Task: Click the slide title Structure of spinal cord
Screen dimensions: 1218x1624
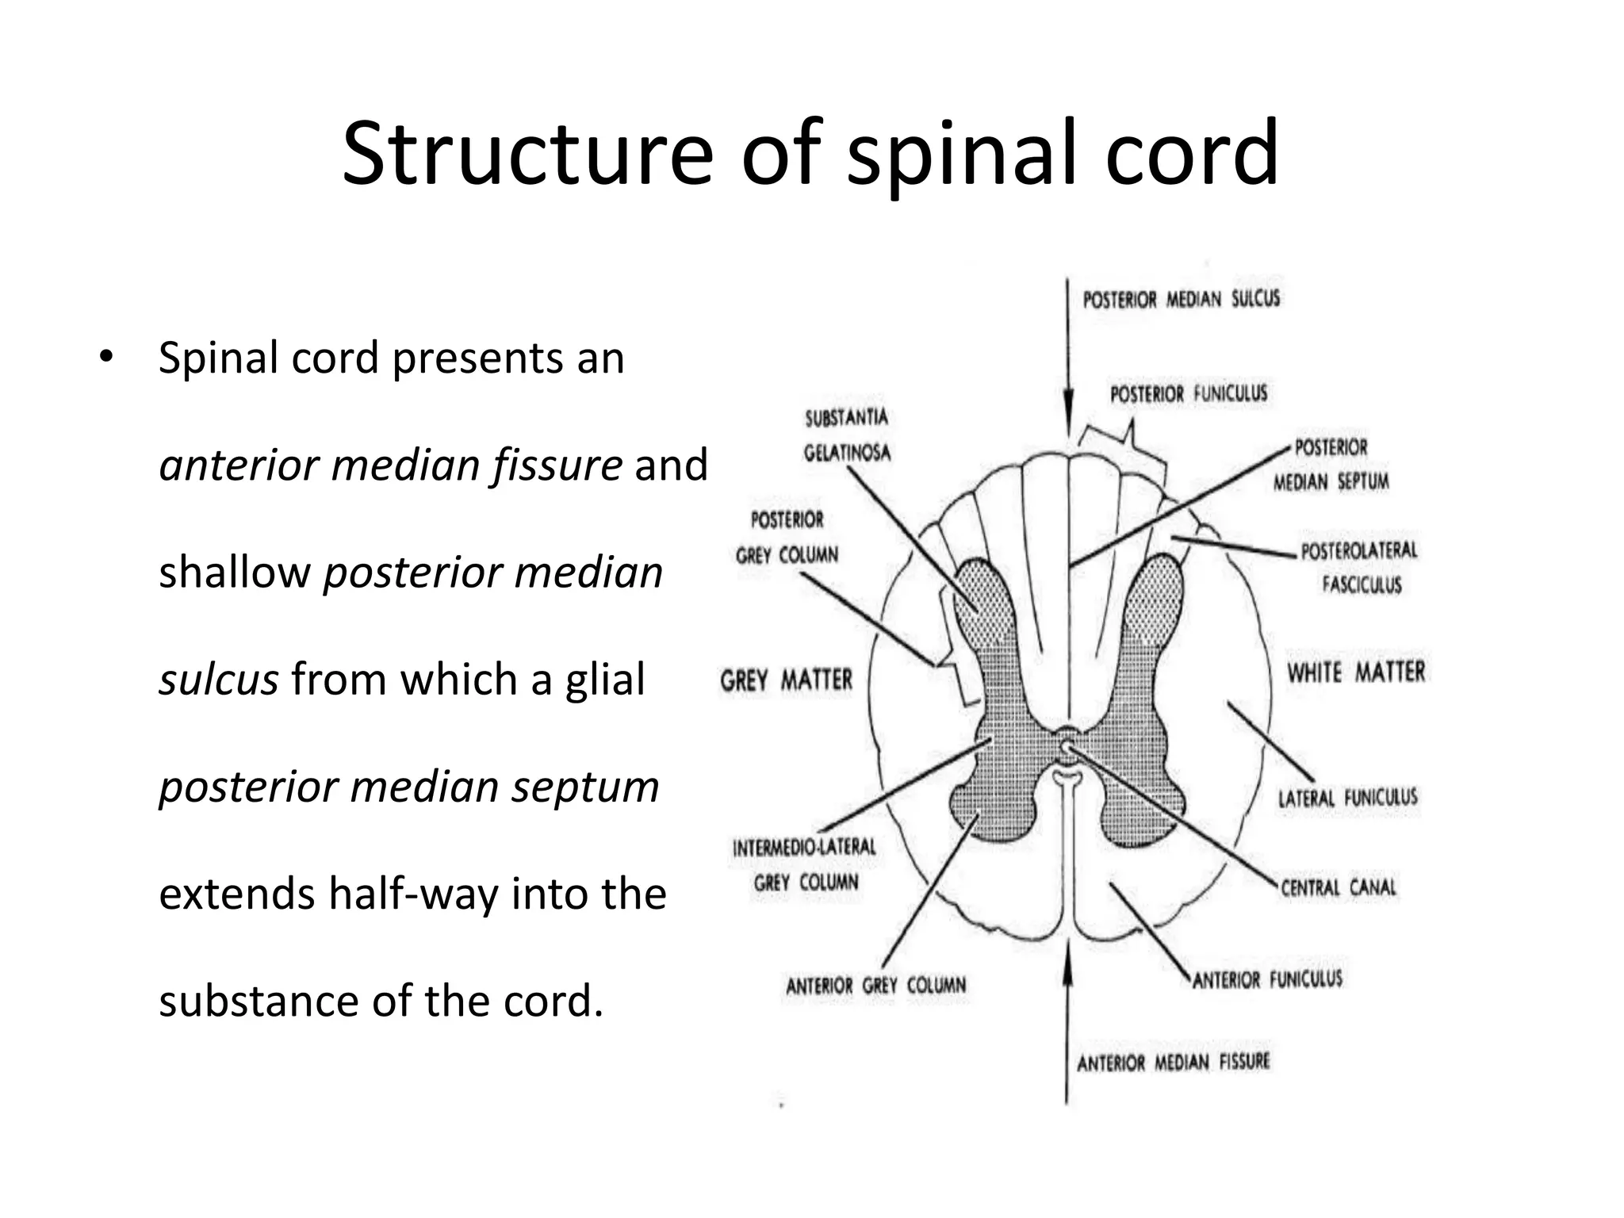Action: coord(810,154)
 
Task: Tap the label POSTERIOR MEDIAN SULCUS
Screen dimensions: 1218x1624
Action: coord(1181,299)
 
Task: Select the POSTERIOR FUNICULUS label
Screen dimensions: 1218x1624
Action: coord(1188,393)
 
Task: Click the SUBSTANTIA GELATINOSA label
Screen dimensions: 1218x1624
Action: coord(847,435)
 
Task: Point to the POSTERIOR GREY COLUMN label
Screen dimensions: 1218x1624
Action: coord(787,537)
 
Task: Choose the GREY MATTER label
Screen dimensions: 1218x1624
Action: coord(786,680)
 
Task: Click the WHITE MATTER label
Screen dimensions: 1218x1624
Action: coord(1356,672)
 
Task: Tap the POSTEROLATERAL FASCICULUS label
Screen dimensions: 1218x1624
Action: coord(1358,567)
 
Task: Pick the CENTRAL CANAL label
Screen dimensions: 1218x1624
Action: coord(1339,887)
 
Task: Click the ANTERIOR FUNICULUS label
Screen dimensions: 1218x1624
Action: coord(1267,979)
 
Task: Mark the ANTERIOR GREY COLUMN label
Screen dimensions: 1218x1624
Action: coord(876,986)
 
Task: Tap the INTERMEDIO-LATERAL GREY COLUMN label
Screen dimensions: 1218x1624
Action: coord(805,864)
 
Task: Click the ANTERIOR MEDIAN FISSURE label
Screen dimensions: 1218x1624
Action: coord(1173,1062)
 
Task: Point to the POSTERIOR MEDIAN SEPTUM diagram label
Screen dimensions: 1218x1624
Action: coord(1331,465)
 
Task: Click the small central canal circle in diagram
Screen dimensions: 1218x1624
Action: coord(1067,745)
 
